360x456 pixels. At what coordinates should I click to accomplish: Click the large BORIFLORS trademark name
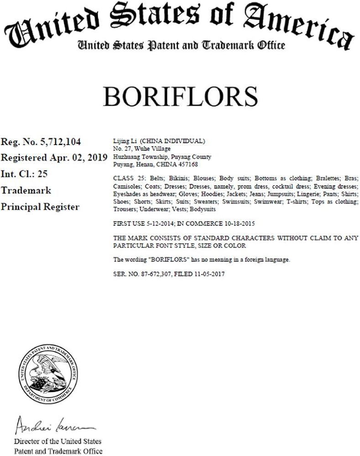pyautogui.click(x=180, y=97)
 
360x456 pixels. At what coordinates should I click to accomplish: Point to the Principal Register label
pyautogui.click(x=40, y=207)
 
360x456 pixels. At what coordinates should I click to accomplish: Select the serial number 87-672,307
pyautogui.click(x=151, y=274)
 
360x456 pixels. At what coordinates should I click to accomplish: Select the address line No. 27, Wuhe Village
pyautogui.click(x=136, y=149)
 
